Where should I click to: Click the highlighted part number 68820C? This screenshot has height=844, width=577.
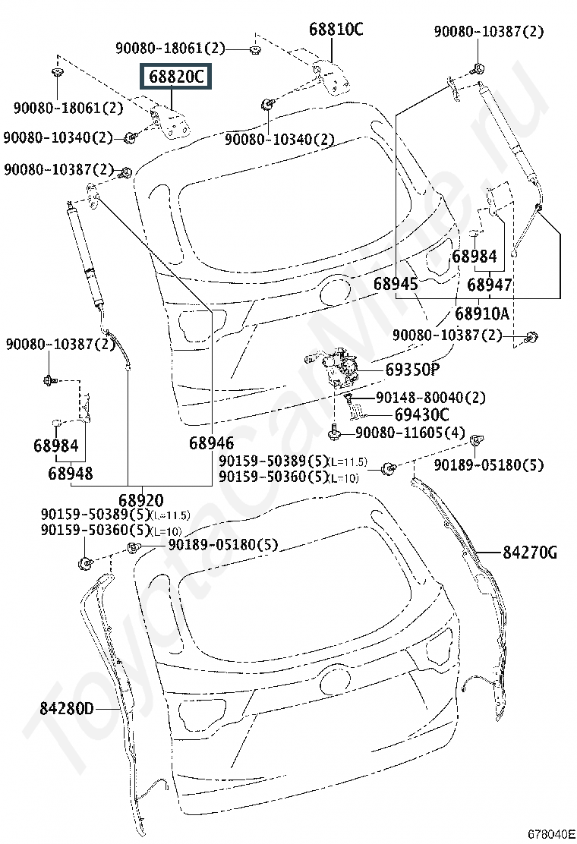pos(175,77)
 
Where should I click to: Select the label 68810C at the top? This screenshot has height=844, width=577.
pos(336,30)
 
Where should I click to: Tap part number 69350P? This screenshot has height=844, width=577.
pos(412,370)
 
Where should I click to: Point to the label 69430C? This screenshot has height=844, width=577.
pos(421,414)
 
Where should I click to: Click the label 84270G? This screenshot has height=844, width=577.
pos(529,553)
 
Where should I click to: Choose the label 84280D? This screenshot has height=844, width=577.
pos(67,709)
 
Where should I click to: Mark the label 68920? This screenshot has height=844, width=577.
pos(140,500)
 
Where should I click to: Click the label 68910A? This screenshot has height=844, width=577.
pos(482,313)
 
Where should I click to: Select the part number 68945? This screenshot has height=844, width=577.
pos(396,284)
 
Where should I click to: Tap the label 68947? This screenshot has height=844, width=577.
pos(489,285)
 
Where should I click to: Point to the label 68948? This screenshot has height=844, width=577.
pos(71,473)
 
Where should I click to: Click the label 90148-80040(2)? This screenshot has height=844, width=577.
pos(430,397)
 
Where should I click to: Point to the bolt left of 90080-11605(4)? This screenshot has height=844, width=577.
pos(335,433)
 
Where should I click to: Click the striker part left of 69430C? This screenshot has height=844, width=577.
pos(357,411)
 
